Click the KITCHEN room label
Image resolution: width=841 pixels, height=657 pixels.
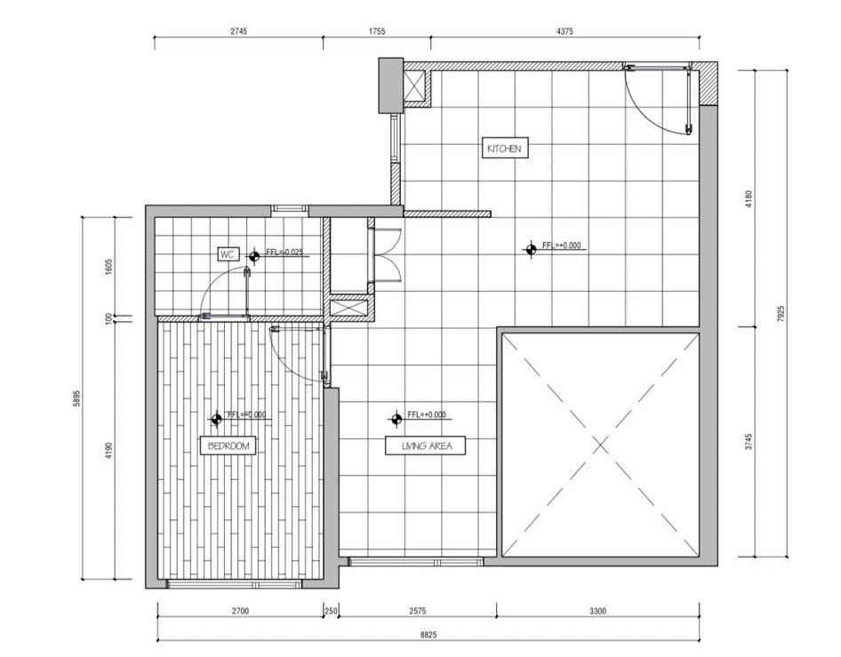pos(504,148)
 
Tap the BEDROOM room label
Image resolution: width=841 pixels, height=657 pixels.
pos(228,445)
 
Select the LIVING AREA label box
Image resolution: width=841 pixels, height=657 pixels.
pos(426,445)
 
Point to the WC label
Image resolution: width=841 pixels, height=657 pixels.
pos(228,254)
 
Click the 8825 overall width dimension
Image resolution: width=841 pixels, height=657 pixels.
pos(428,635)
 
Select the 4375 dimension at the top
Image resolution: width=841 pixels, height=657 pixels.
pos(565,31)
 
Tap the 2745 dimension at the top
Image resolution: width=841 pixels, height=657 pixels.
pos(238,31)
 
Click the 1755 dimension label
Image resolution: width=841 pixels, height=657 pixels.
pos(377,31)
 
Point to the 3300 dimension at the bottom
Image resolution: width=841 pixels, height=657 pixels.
pos(597,611)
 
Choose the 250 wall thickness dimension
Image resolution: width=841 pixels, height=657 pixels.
pos(331,611)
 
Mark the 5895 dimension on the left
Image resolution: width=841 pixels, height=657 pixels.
pos(76,398)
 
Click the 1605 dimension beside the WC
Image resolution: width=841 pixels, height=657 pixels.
pos(108,267)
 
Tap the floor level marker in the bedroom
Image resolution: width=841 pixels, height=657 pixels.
pos(217,420)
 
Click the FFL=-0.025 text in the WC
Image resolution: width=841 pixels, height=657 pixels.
pos(286,252)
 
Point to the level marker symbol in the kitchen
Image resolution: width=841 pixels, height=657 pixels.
pos(531,249)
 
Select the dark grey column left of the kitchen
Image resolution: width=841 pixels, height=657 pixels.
pos(391,86)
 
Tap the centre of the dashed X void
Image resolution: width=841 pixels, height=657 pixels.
pos(601,445)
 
